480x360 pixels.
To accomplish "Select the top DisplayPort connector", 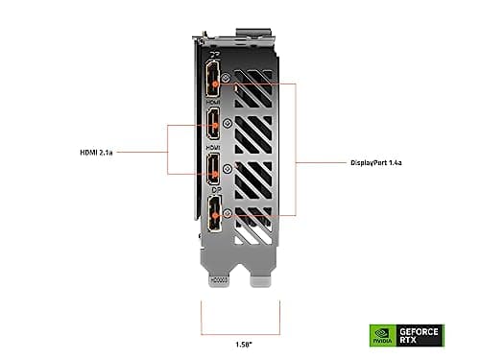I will tap(212, 84).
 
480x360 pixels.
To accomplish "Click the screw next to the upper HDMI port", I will tap(227, 123).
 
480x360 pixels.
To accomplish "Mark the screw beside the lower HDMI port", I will tap(227, 167).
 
